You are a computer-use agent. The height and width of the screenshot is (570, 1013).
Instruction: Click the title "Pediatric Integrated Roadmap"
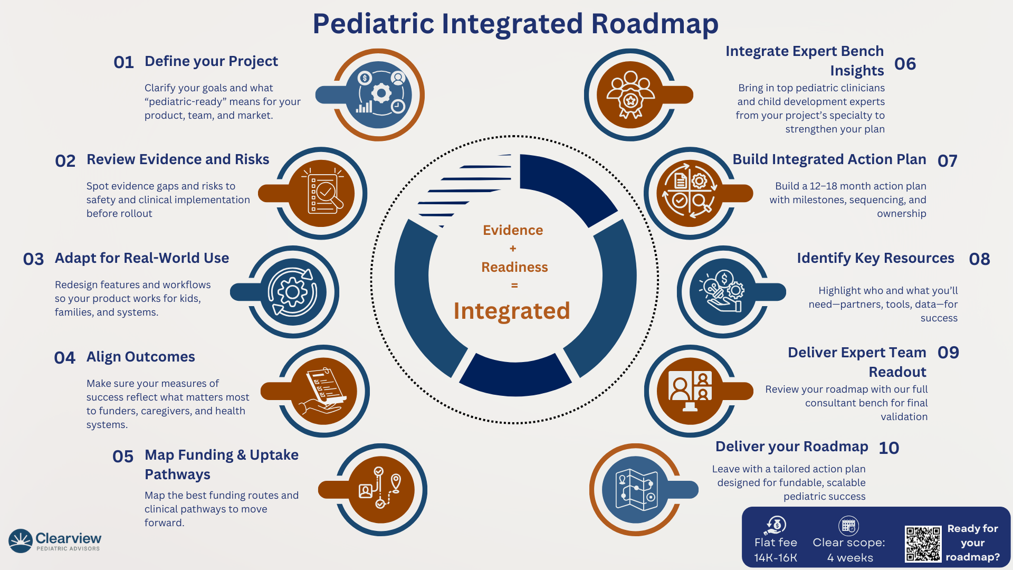[515, 24]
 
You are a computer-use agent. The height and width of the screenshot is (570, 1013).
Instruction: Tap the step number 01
[123, 62]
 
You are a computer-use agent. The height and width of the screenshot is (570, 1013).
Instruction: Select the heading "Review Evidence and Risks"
[178, 159]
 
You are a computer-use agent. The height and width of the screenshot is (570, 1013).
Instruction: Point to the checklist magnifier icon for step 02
[322, 193]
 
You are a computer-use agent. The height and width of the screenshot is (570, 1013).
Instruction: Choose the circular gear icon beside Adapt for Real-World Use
[293, 292]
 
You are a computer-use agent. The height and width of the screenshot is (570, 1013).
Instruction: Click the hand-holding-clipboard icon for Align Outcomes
[323, 392]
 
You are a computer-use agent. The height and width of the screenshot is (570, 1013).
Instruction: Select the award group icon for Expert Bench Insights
[630, 95]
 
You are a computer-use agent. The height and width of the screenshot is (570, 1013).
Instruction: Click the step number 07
[947, 161]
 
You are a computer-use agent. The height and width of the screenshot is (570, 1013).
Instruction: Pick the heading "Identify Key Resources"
[875, 258]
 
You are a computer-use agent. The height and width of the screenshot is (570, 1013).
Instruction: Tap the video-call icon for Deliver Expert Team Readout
[690, 391]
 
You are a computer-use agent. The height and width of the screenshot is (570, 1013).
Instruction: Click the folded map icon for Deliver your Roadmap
[637, 490]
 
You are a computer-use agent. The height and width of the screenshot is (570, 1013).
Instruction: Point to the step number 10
[888, 448]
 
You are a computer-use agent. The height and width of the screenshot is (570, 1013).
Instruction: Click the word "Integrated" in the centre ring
[512, 311]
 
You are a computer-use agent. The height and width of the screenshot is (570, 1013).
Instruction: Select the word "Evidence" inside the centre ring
[513, 230]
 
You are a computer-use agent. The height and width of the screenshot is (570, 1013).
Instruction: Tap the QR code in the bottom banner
[923, 544]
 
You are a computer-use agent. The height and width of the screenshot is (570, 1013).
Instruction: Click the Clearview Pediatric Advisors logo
[55, 541]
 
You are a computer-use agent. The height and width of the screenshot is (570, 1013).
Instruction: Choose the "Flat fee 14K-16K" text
[776, 550]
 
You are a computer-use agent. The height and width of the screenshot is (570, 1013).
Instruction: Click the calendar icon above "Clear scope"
[848, 526]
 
